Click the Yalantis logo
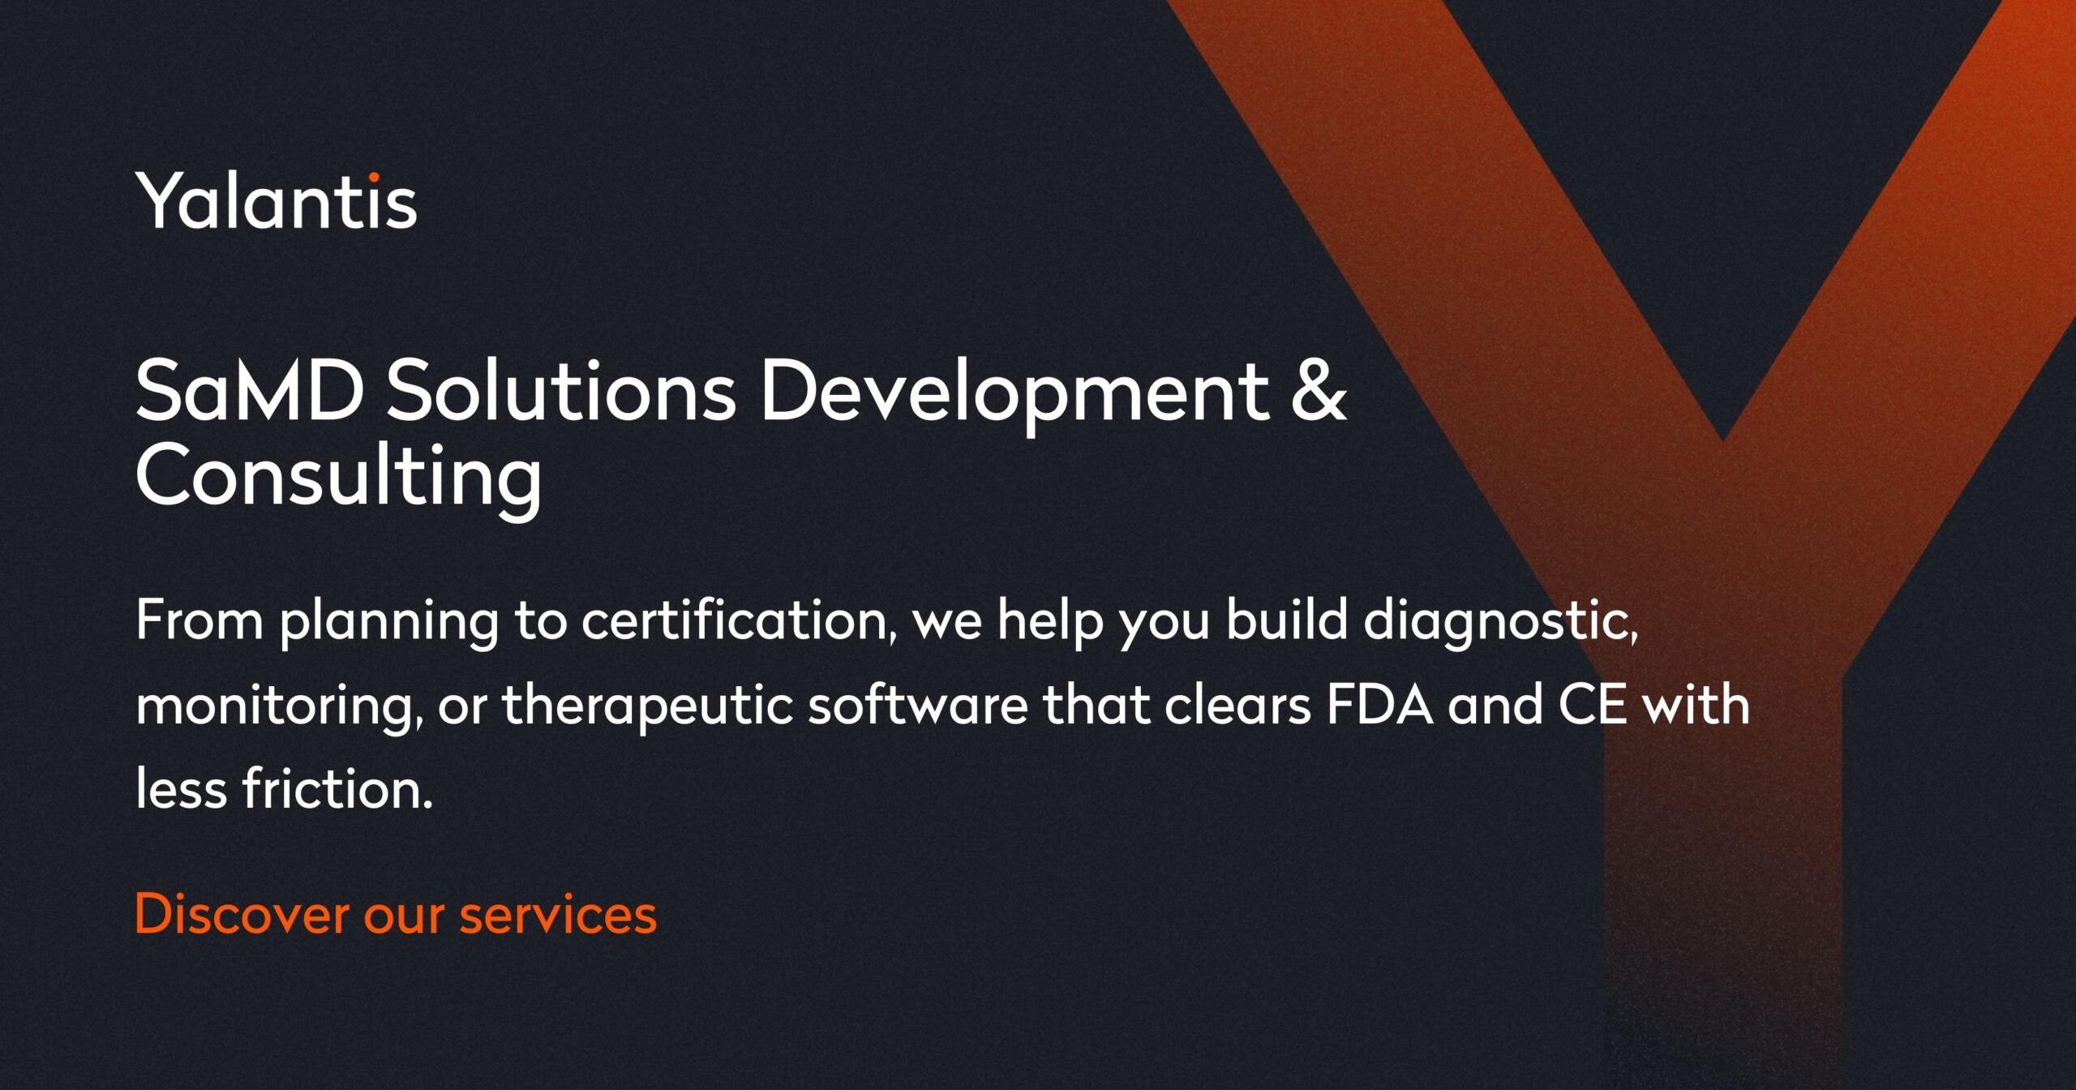click(x=276, y=201)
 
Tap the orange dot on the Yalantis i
click(x=374, y=176)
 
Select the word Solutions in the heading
click(x=560, y=391)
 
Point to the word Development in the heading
click(x=1014, y=393)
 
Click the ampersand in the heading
click(x=1319, y=391)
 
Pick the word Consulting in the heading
click(x=338, y=477)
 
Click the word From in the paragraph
click(x=199, y=620)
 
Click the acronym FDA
click(x=1380, y=704)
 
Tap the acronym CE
click(x=1592, y=704)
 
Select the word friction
click(x=337, y=788)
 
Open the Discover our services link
click(x=396, y=914)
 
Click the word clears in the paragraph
click(x=1237, y=704)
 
